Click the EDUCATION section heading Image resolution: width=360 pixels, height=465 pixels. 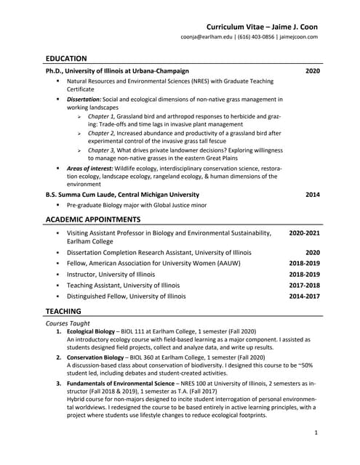(x=66, y=58)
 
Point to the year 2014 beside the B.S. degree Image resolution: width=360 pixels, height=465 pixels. (x=312, y=195)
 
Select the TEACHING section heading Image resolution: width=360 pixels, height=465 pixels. (x=63, y=310)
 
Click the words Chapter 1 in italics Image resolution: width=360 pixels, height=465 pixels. (x=102, y=116)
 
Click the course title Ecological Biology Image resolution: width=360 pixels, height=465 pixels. (x=91, y=331)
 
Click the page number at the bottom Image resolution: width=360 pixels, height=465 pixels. (x=316, y=433)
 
